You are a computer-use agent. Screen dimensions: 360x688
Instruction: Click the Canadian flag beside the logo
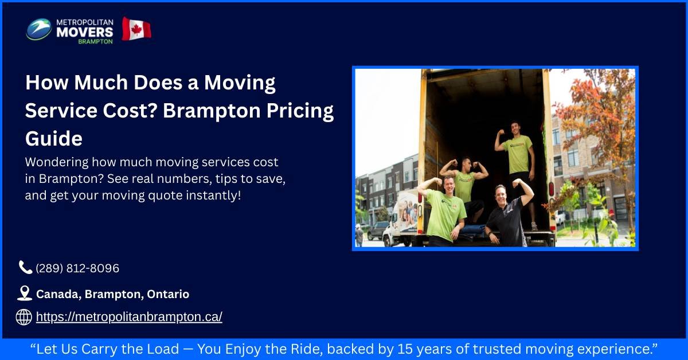tap(136, 29)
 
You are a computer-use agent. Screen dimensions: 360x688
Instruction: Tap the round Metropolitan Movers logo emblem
tap(38, 29)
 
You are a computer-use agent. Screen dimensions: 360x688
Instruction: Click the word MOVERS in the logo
tap(84, 32)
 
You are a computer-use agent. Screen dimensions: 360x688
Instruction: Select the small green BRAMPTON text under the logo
tap(96, 42)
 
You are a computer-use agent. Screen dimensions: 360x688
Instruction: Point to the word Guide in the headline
tap(54, 138)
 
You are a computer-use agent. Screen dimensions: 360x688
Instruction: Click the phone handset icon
tap(25, 267)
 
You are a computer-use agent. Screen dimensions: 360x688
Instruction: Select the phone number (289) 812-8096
tap(77, 268)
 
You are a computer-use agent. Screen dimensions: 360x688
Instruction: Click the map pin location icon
tap(24, 294)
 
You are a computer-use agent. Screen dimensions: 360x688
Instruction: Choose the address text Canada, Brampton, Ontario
tap(112, 294)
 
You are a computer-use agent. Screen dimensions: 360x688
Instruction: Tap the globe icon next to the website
tap(24, 317)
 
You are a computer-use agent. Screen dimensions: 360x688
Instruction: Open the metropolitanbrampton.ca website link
tap(129, 317)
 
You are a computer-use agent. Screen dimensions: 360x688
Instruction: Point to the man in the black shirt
tap(507, 215)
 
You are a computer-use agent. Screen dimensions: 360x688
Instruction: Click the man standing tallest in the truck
tap(518, 155)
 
